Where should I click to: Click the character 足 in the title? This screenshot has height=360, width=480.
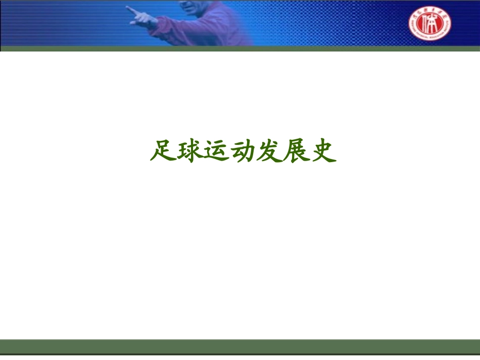(x=163, y=150)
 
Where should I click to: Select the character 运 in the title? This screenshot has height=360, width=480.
(x=216, y=150)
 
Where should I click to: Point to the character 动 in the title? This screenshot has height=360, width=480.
(x=243, y=150)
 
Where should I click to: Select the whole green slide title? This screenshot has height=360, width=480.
(x=243, y=150)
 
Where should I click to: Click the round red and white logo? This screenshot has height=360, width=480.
(x=430, y=23)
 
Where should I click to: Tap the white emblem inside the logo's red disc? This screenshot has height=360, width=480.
(x=430, y=24)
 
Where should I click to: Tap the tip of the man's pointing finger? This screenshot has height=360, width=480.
(x=127, y=8)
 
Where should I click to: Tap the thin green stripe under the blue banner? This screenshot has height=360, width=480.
(x=240, y=48)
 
